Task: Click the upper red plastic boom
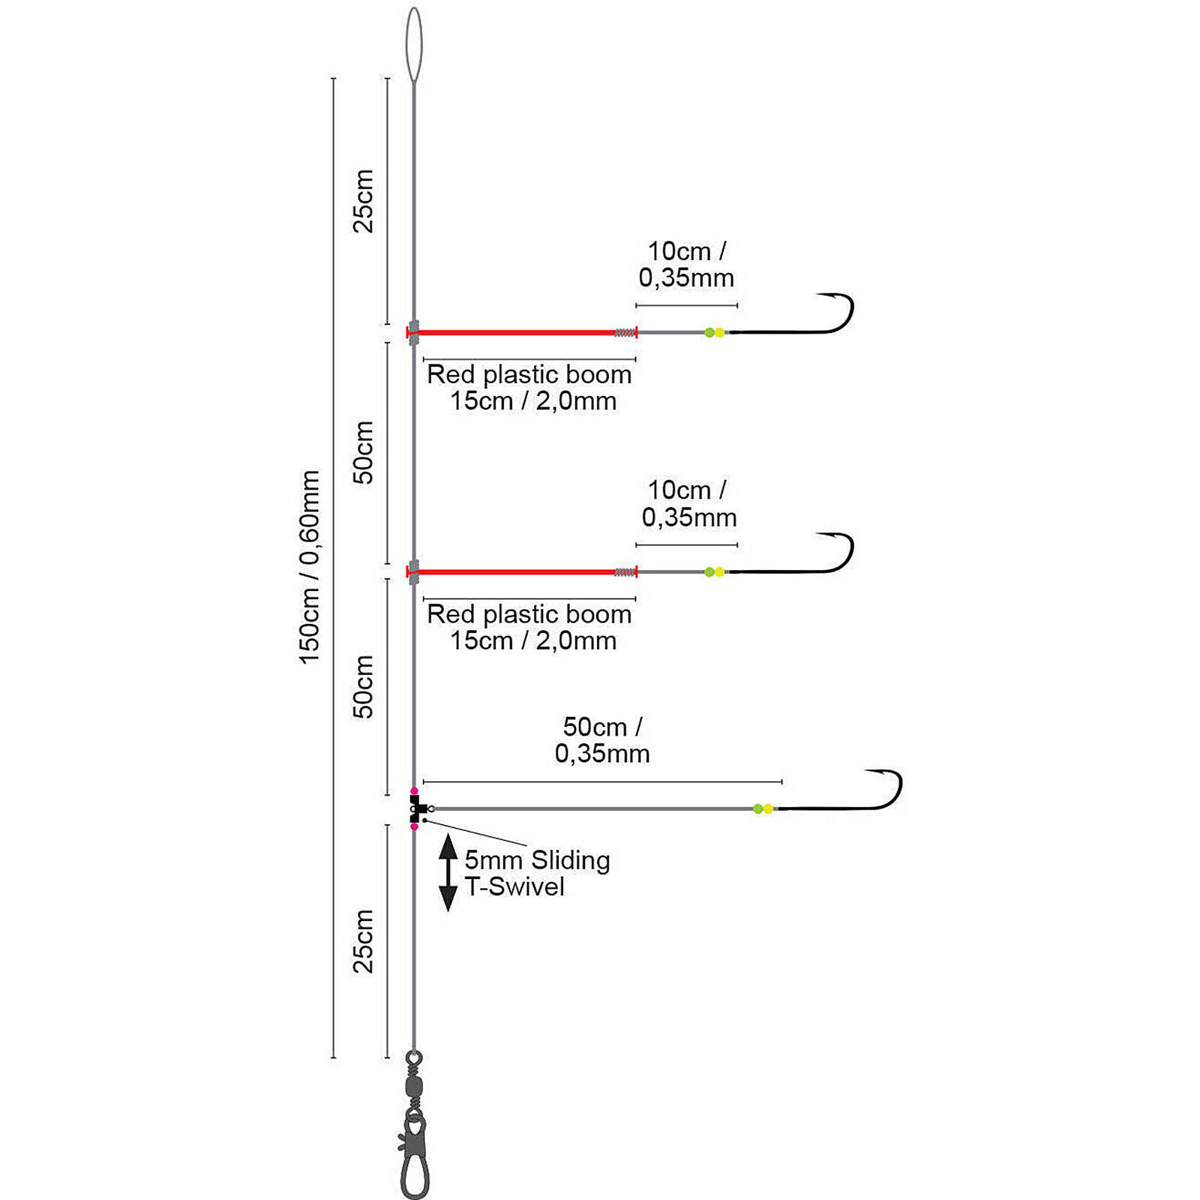[x=517, y=332]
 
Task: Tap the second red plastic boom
[x=517, y=572]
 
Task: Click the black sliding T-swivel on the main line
[x=417, y=808]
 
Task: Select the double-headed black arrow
[x=448, y=872]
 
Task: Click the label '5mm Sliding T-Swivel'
[x=536, y=873]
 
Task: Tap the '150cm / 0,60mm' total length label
[x=310, y=567]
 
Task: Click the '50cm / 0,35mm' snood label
[x=602, y=740]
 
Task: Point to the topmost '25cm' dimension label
[x=363, y=201]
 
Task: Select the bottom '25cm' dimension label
[x=363, y=941]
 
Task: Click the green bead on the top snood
[x=709, y=332]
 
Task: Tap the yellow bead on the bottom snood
[x=768, y=808]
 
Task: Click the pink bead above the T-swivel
[x=414, y=791]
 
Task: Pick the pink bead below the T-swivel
[x=414, y=826]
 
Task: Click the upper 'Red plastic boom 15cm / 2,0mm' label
[x=529, y=387]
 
